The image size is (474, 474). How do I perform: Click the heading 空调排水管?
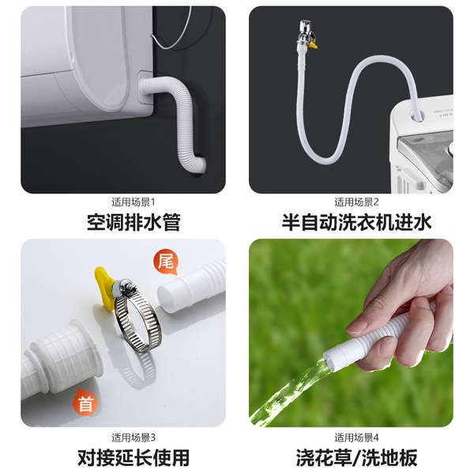click(x=134, y=223)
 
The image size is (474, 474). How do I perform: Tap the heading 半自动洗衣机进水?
click(x=356, y=223)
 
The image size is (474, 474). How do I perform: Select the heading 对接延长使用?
click(x=134, y=457)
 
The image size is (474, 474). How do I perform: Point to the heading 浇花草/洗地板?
click(x=356, y=457)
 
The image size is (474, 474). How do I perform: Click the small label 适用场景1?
click(x=134, y=202)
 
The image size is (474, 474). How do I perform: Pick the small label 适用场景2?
click(x=356, y=202)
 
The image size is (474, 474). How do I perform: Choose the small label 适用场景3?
click(x=134, y=438)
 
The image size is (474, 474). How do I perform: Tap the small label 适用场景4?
click(x=356, y=438)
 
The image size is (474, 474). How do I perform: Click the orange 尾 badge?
click(x=166, y=261)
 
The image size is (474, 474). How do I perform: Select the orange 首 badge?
click(x=85, y=402)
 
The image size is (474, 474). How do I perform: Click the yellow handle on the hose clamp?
click(x=104, y=288)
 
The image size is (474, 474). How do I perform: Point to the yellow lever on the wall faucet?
click(x=313, y=45)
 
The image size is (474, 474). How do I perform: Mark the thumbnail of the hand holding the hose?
click(x=351, y=333)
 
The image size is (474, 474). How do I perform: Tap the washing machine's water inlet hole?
click(x=416, y=115)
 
